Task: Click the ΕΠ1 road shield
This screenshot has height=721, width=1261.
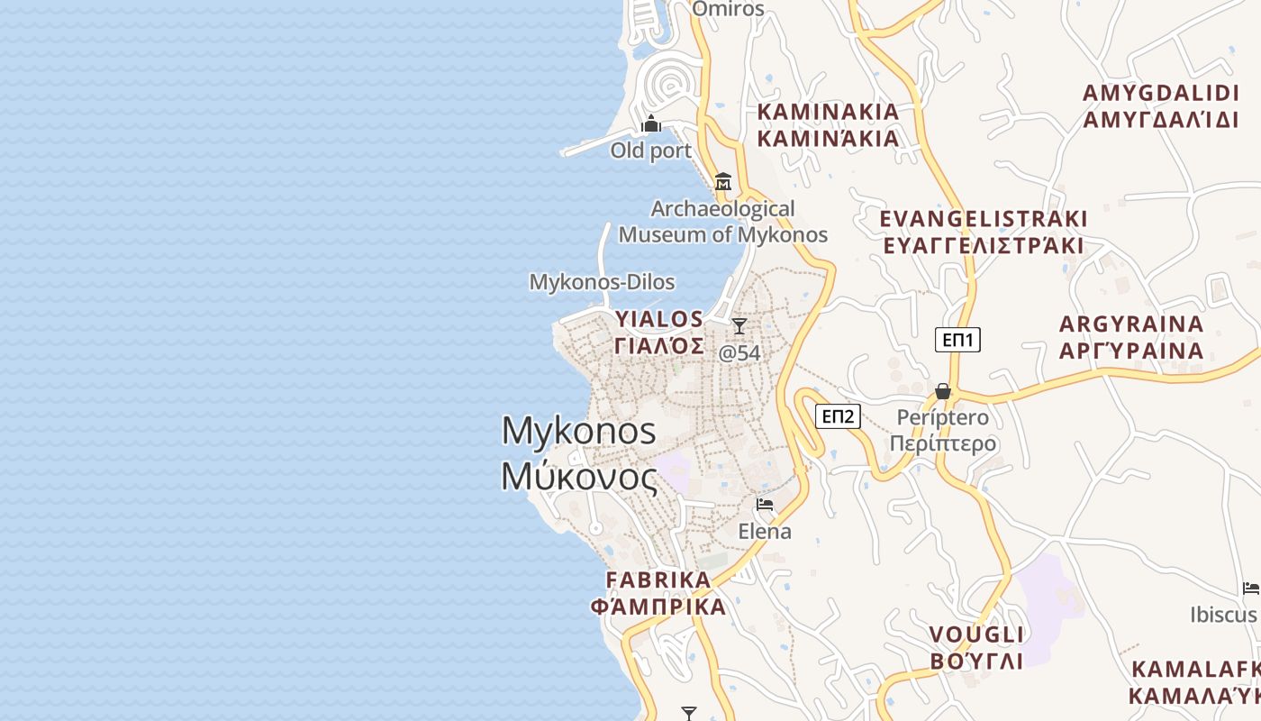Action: [957, 340]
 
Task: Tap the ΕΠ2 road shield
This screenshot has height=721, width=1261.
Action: [838, 416]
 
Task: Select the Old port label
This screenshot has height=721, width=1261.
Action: [650, 151]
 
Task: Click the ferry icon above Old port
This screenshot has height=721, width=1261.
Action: [650, 124]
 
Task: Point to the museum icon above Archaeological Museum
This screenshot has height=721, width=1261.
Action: [722, 182]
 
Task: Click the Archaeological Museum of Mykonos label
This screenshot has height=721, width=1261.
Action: [722, 222]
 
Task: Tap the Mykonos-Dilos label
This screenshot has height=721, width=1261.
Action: [602, 282]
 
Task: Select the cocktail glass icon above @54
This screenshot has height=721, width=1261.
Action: [739, 326]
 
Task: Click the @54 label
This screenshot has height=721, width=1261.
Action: [739, 353]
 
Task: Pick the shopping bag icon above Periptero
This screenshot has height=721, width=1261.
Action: [942, 391]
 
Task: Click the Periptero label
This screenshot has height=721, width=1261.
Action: [943, 431]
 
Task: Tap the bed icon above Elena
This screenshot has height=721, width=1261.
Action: [765, 505]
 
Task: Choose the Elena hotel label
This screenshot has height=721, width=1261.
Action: [765, 532]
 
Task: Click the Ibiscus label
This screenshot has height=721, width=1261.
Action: [1222, 615]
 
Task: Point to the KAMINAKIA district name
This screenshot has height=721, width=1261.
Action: [828, 124]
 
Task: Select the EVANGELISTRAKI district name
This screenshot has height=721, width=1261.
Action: [983, 233]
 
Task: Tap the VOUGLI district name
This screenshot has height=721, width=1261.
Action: [976, 647]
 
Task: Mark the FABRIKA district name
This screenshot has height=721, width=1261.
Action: [658, 592]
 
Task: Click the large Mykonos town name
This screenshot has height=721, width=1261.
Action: [579, 453]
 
